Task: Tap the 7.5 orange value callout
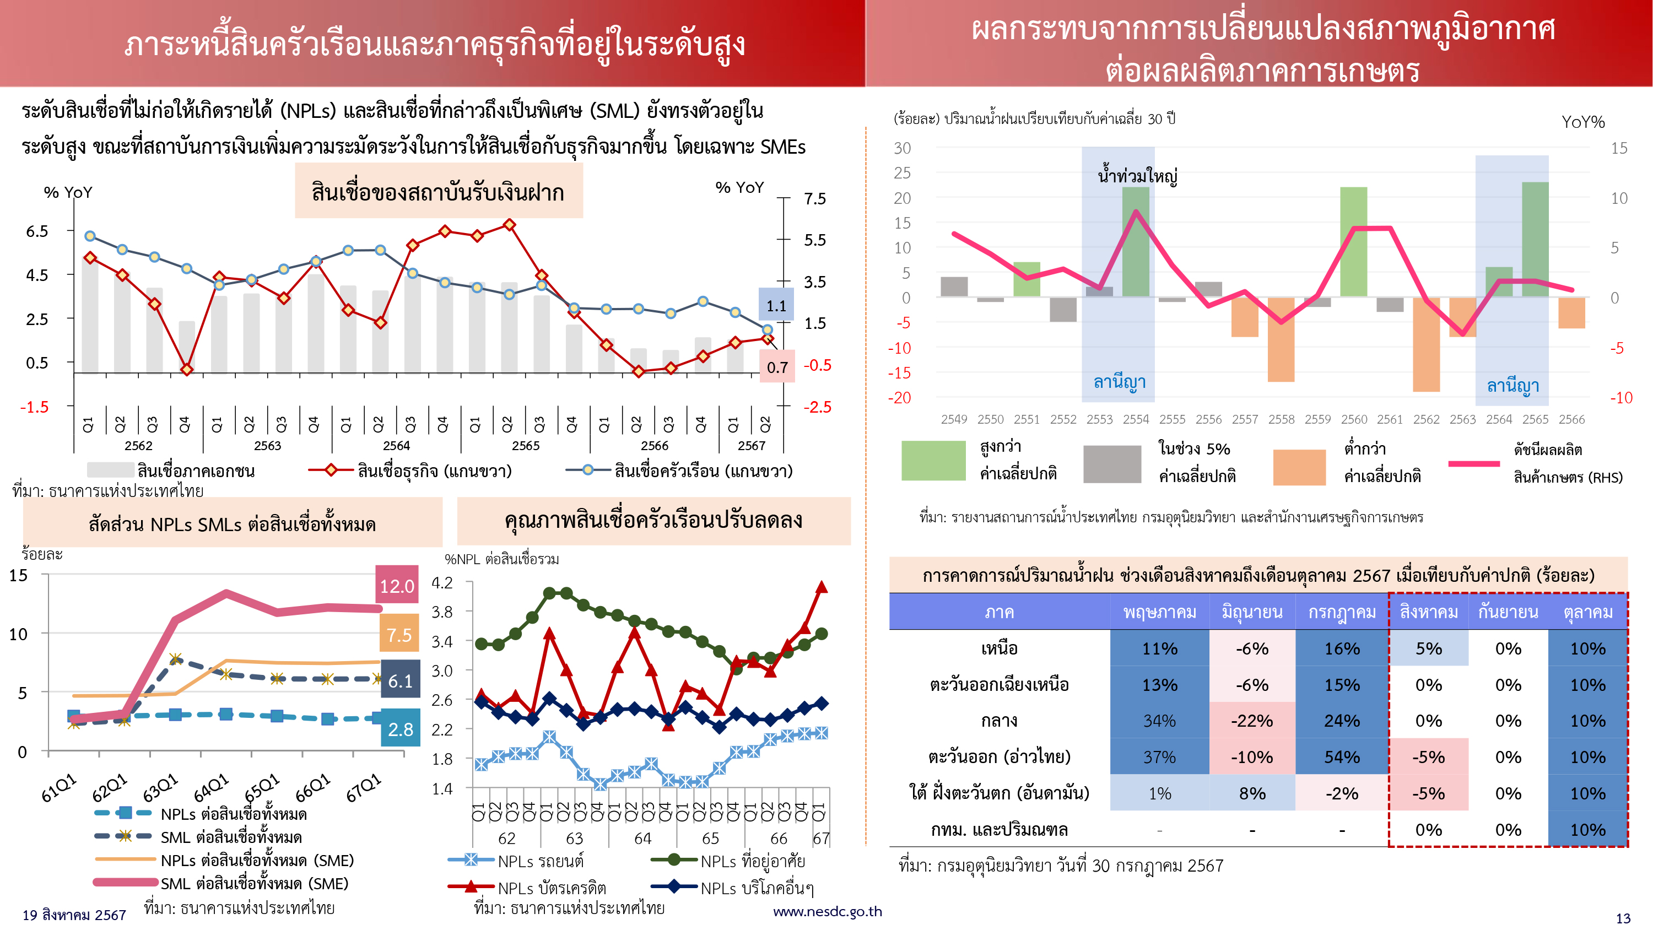click(398, 634)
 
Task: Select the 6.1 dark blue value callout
click(400, 680)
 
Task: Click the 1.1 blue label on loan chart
click(776, 306)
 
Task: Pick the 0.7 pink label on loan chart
click(776, 367)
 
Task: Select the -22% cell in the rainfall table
click(1251, 720)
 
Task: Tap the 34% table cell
click(1159, 720)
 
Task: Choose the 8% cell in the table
click(1251, 793)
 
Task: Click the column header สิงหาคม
click(1428, 612)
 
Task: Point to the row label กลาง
click(998, 720)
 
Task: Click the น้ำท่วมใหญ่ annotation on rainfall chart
click(1137, 175)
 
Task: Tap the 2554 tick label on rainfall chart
click(1136, 419)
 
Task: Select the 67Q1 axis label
click(364, 787)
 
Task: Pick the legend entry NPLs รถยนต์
click(541, 861)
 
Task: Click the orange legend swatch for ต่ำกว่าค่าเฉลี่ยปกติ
click(1299, 467)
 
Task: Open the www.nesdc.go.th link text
click(827, 911)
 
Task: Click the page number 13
click(1623, 918)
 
